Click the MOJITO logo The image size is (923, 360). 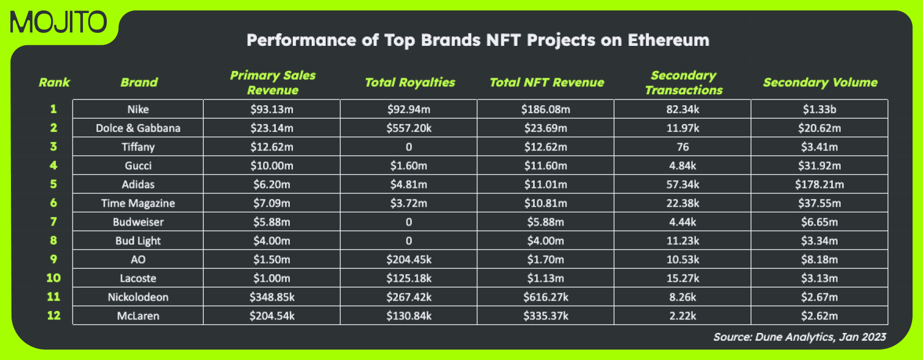(58, 23)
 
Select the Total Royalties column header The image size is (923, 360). (410, 82)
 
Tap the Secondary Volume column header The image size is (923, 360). (820, 82)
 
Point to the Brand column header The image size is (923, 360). (139, 82)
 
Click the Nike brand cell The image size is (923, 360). (138, 109)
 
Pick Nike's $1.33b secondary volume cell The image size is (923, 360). (819, 109)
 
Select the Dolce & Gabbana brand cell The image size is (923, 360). (138, 128)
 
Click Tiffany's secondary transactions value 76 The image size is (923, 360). (683, 147)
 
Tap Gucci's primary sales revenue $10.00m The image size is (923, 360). (272, 166)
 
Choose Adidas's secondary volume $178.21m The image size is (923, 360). (819, 184)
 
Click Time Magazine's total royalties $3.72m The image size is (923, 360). (409, 203)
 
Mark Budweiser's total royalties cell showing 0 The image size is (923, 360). (409, 222)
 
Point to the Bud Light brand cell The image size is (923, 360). (138, 241)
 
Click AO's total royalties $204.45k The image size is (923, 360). (409, 259)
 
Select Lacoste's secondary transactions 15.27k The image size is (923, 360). (683, 278)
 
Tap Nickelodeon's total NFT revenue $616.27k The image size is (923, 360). (546, 297)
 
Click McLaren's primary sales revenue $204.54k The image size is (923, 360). (272, 316)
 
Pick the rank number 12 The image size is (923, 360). (54, 315)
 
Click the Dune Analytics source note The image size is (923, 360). (799, 337)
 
